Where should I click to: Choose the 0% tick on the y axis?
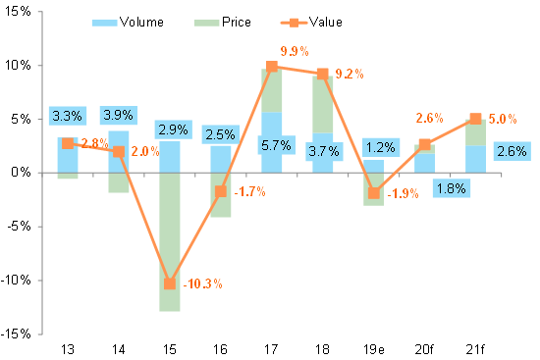23,173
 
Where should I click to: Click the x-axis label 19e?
373,347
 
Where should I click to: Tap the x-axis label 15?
169,347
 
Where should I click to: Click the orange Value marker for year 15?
169,283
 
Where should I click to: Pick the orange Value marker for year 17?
271,67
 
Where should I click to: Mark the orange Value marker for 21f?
475,119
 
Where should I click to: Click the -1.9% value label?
405,193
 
